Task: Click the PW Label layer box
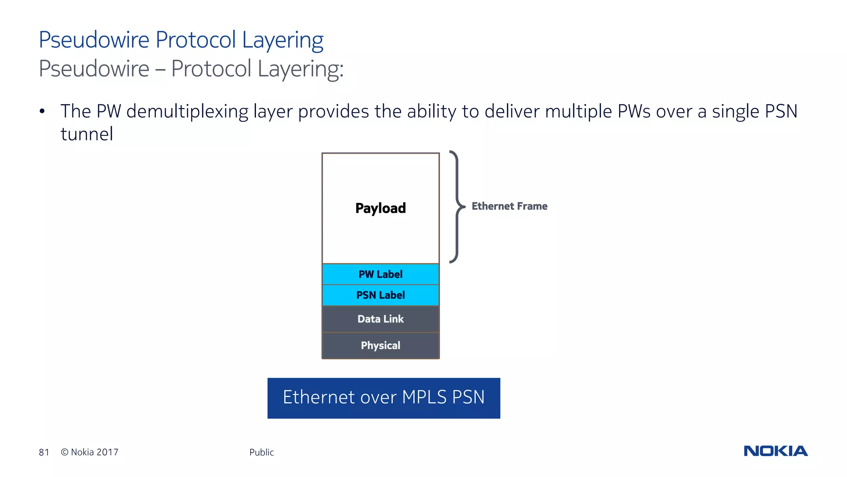[x=380, y=274]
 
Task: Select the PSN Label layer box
[x=380, y=295]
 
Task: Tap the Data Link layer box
[x=380, y=319]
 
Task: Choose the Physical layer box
[x=380, y=345]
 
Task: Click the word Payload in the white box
[x=380, y=208]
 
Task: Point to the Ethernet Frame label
[x=509, y=206]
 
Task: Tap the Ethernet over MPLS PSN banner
[x=383, y=398]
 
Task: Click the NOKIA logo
[x=775, y=451]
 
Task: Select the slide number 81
[x=44, y=452]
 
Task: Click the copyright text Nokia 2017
[x=90, y=452]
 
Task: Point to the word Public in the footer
[x=261, y=452]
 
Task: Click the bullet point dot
[x=42, y=111]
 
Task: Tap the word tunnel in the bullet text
[x=87, y=134]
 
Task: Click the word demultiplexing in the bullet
[x=187, y=112]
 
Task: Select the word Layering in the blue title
[x=282, y=41]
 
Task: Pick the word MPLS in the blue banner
[x=424, y=397]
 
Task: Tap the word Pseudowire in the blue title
[x=94, y=40]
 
